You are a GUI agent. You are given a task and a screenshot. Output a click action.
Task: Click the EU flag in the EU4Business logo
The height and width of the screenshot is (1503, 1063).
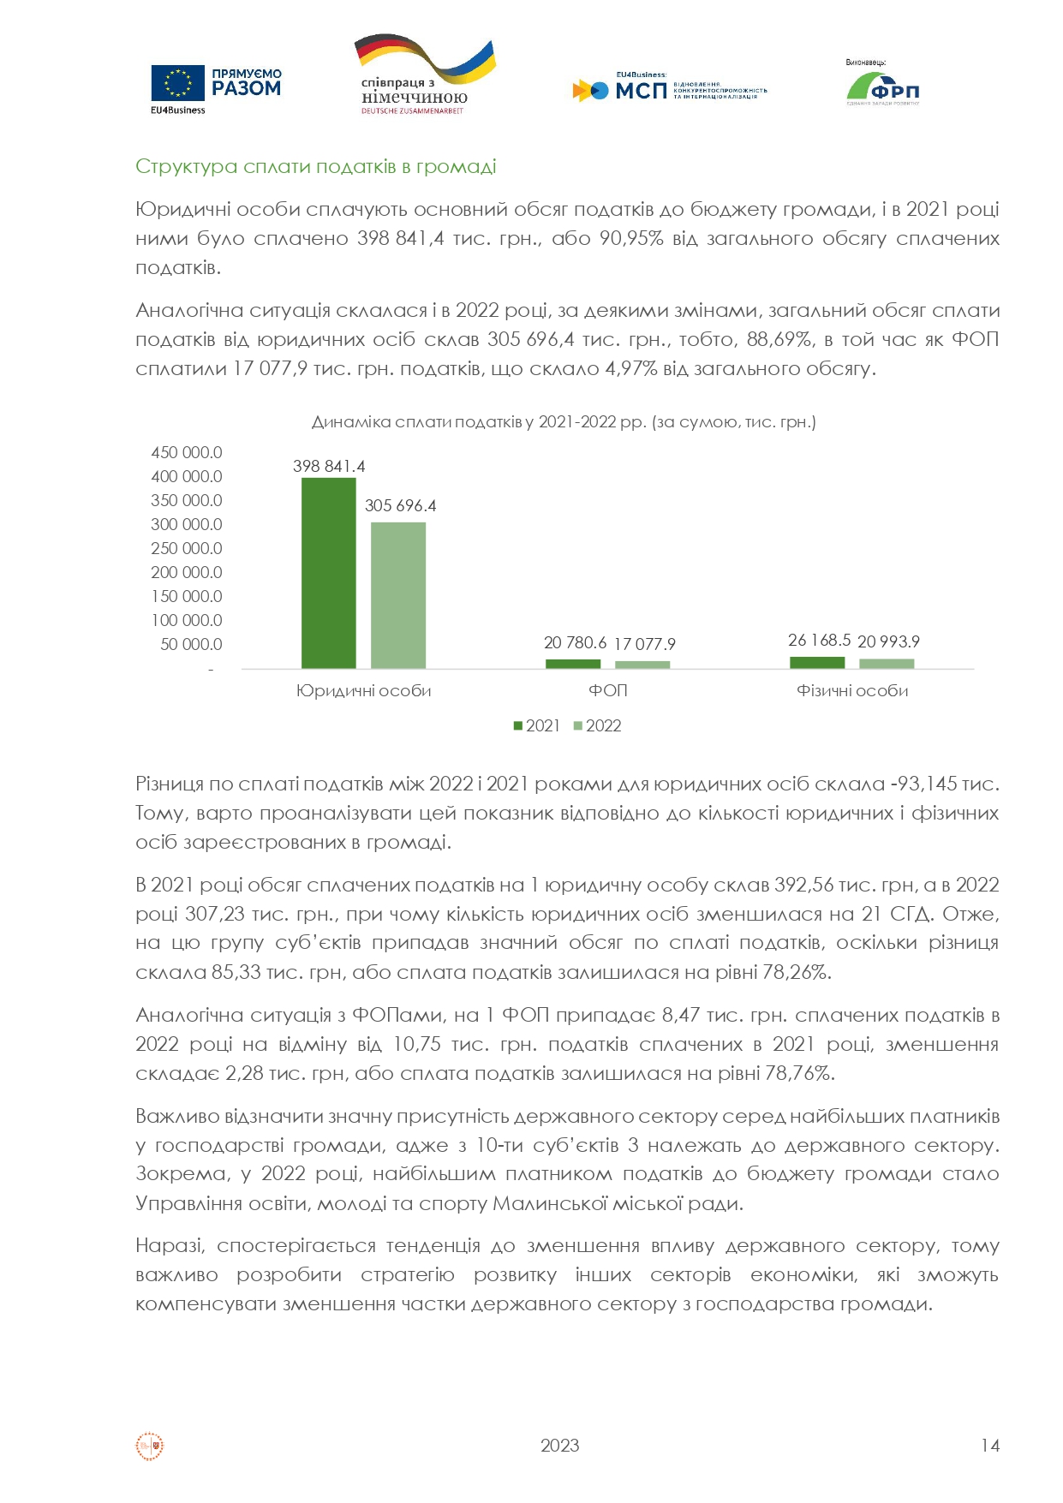pos(177,84)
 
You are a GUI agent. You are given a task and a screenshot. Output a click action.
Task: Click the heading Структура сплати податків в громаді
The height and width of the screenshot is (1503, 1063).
pos(315,166)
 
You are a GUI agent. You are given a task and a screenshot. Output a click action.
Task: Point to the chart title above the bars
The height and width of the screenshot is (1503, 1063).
pos(563,422)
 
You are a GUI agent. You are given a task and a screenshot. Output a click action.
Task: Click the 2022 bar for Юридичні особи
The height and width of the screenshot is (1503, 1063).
pos(397,594)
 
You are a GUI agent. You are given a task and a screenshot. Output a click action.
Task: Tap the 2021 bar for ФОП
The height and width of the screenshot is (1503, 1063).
pos(573,664)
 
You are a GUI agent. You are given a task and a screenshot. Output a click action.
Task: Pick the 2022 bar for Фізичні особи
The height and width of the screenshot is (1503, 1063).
pos(887,664)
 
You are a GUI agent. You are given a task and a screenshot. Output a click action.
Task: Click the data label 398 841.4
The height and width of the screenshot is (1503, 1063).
pos(329,467)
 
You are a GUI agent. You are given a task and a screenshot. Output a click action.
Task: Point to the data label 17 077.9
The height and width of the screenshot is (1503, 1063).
pos(644,644)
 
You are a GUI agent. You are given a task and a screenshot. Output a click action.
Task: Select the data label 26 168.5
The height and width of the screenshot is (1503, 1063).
pos(819,641)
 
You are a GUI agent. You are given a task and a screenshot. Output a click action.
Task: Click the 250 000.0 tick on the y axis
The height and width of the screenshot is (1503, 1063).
pos(187,548)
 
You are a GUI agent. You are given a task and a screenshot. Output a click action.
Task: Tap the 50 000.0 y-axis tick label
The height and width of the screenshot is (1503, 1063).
pos(191,644)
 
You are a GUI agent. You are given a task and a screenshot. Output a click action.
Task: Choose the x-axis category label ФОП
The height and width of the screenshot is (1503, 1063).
pos(608,691)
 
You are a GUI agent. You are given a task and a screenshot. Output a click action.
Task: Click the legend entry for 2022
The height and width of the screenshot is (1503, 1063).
pos(597,726)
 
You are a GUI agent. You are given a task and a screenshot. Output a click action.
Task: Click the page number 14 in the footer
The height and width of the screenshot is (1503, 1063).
pos(990,1446)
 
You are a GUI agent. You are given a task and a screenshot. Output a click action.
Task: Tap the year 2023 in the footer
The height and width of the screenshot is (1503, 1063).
pos(559,1446)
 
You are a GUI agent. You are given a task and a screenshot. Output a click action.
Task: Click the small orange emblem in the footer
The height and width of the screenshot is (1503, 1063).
pos(150,1446)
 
